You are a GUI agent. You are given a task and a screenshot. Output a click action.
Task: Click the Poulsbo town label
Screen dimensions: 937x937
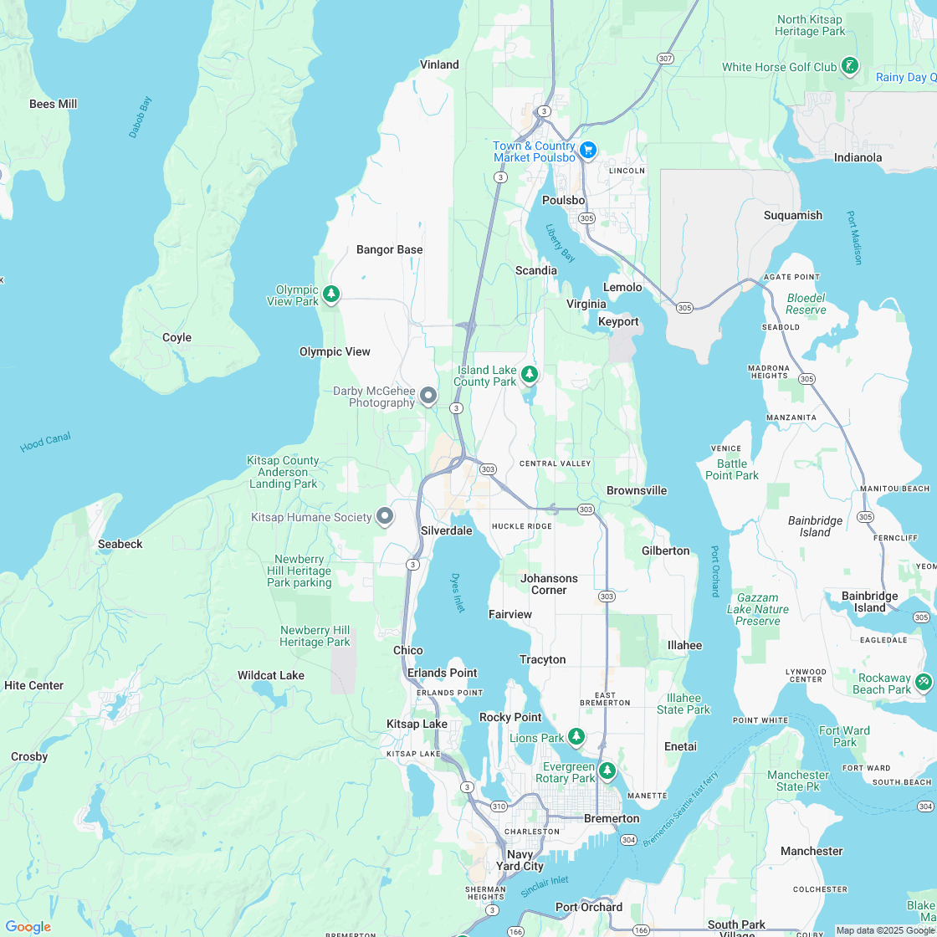[x=563, y=200]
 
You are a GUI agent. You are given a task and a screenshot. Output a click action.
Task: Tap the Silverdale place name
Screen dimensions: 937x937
[x=447, y=530]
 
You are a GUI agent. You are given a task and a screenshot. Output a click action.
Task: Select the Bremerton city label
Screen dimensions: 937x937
[x=612, y=818]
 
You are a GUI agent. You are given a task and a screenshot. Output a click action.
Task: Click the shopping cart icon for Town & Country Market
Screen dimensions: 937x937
[x=588, y=150]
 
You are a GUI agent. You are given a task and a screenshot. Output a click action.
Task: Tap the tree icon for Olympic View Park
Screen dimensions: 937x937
[x=332, y=294]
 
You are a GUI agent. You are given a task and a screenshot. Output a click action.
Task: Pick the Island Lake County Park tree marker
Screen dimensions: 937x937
[x=529, y=373]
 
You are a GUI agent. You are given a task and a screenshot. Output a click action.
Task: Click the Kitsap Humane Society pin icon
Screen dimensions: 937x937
[x=385, y=516]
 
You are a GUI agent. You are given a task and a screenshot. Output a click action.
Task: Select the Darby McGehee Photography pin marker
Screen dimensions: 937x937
[x=428, y=395]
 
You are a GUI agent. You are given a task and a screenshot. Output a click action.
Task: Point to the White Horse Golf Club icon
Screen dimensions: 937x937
[x=850, y=66]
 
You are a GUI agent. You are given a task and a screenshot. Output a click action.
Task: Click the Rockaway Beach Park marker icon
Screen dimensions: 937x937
[x=924, y=682]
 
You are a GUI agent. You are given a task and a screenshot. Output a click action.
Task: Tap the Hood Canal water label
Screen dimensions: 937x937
[x=45, y=442]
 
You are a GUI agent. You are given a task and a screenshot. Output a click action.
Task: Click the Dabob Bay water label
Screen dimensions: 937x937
[x=140, y=117]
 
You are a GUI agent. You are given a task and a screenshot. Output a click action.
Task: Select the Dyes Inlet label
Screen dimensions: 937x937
[x=458, y=592]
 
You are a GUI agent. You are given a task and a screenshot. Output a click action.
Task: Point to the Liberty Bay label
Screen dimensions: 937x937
[x=561, y=243]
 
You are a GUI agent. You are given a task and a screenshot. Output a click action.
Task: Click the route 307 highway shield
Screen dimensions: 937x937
[x=665, y=59]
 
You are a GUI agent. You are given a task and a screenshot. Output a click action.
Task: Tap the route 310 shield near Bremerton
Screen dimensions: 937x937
[x=499, y=806]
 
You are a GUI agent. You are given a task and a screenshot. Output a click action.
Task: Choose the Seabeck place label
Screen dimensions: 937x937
[x=120, y=544]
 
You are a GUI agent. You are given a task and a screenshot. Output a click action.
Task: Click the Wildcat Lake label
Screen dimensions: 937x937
[x=271, y=675]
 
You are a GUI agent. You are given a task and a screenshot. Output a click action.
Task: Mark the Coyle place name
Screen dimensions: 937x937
[x=177, y=337]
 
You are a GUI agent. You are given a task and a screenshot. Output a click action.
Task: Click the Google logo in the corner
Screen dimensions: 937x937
[x=28, y=926]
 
